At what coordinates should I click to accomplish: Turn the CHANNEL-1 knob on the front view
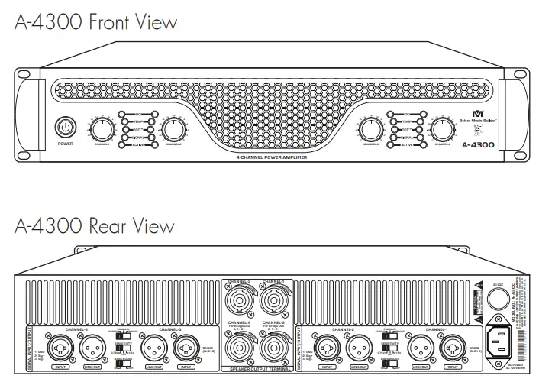pyautogui.click(x=102, y=128)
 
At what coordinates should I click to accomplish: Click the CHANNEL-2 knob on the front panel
pyautogui.click(x=173, y=128)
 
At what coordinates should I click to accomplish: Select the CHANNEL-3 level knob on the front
pyautogui.click(x=370, y=128)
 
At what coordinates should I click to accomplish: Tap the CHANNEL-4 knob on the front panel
pyautogui.click(x=441, y=128)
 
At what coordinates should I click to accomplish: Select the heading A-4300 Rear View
pyautogui.click(x=94, y=226)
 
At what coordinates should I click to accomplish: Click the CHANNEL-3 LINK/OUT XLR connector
pyautogui.click(x=153, y=348)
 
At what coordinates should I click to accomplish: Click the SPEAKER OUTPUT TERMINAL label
pyautogui.click(x=256, y=369)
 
